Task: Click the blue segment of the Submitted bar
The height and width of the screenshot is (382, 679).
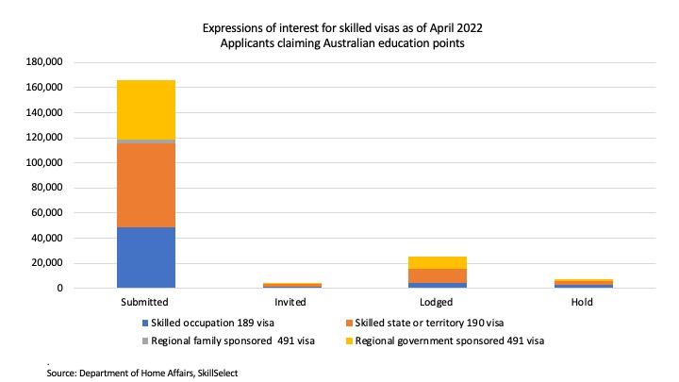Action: tap(146, 257)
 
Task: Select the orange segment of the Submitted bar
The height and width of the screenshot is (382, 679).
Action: tap(146, 186)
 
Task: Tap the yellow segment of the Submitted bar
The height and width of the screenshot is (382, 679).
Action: tap(146, 109)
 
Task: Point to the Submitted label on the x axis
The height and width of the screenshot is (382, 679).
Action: tap(146, 303)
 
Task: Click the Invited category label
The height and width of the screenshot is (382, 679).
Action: tap(291, 303)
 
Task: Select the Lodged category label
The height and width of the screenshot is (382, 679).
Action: tap(438, 303)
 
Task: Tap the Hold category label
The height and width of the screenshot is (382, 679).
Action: tap(583, 303)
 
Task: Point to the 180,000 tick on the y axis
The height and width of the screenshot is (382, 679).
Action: tap(42, 62)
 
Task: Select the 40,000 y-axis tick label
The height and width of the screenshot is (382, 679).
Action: tap(45, 238)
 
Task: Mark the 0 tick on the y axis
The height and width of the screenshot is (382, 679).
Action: tap(58, 288)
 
